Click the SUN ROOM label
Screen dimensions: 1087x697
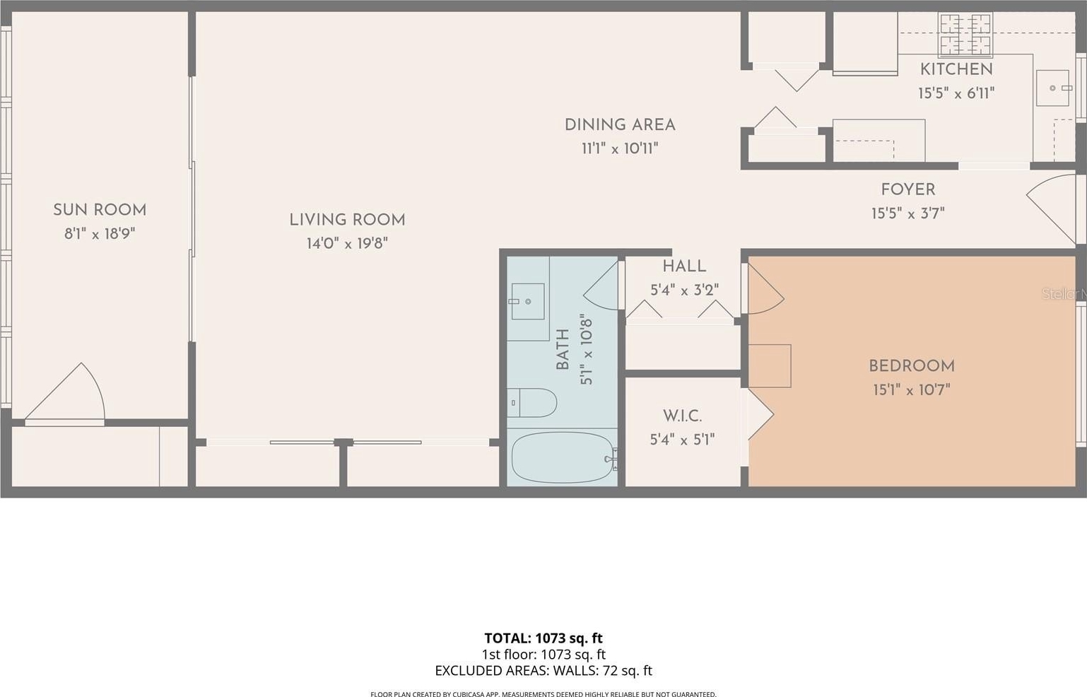100,210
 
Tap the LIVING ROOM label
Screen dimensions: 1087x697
348,220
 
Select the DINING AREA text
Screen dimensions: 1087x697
620,124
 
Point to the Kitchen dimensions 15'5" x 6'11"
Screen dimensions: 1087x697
956,93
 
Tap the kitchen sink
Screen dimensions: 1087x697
1052,88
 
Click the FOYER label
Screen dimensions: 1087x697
908,189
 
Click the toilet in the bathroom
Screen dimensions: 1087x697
532,402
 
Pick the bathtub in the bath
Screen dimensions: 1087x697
563,457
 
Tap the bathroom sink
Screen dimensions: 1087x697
527,301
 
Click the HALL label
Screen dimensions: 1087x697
684,266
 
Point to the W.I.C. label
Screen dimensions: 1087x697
682,416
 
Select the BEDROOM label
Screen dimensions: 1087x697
911,366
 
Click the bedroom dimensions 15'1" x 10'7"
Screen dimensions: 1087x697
911,389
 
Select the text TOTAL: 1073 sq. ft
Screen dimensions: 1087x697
543,638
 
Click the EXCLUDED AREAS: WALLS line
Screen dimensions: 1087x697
543,670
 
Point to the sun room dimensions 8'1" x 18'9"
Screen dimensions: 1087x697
100,233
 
